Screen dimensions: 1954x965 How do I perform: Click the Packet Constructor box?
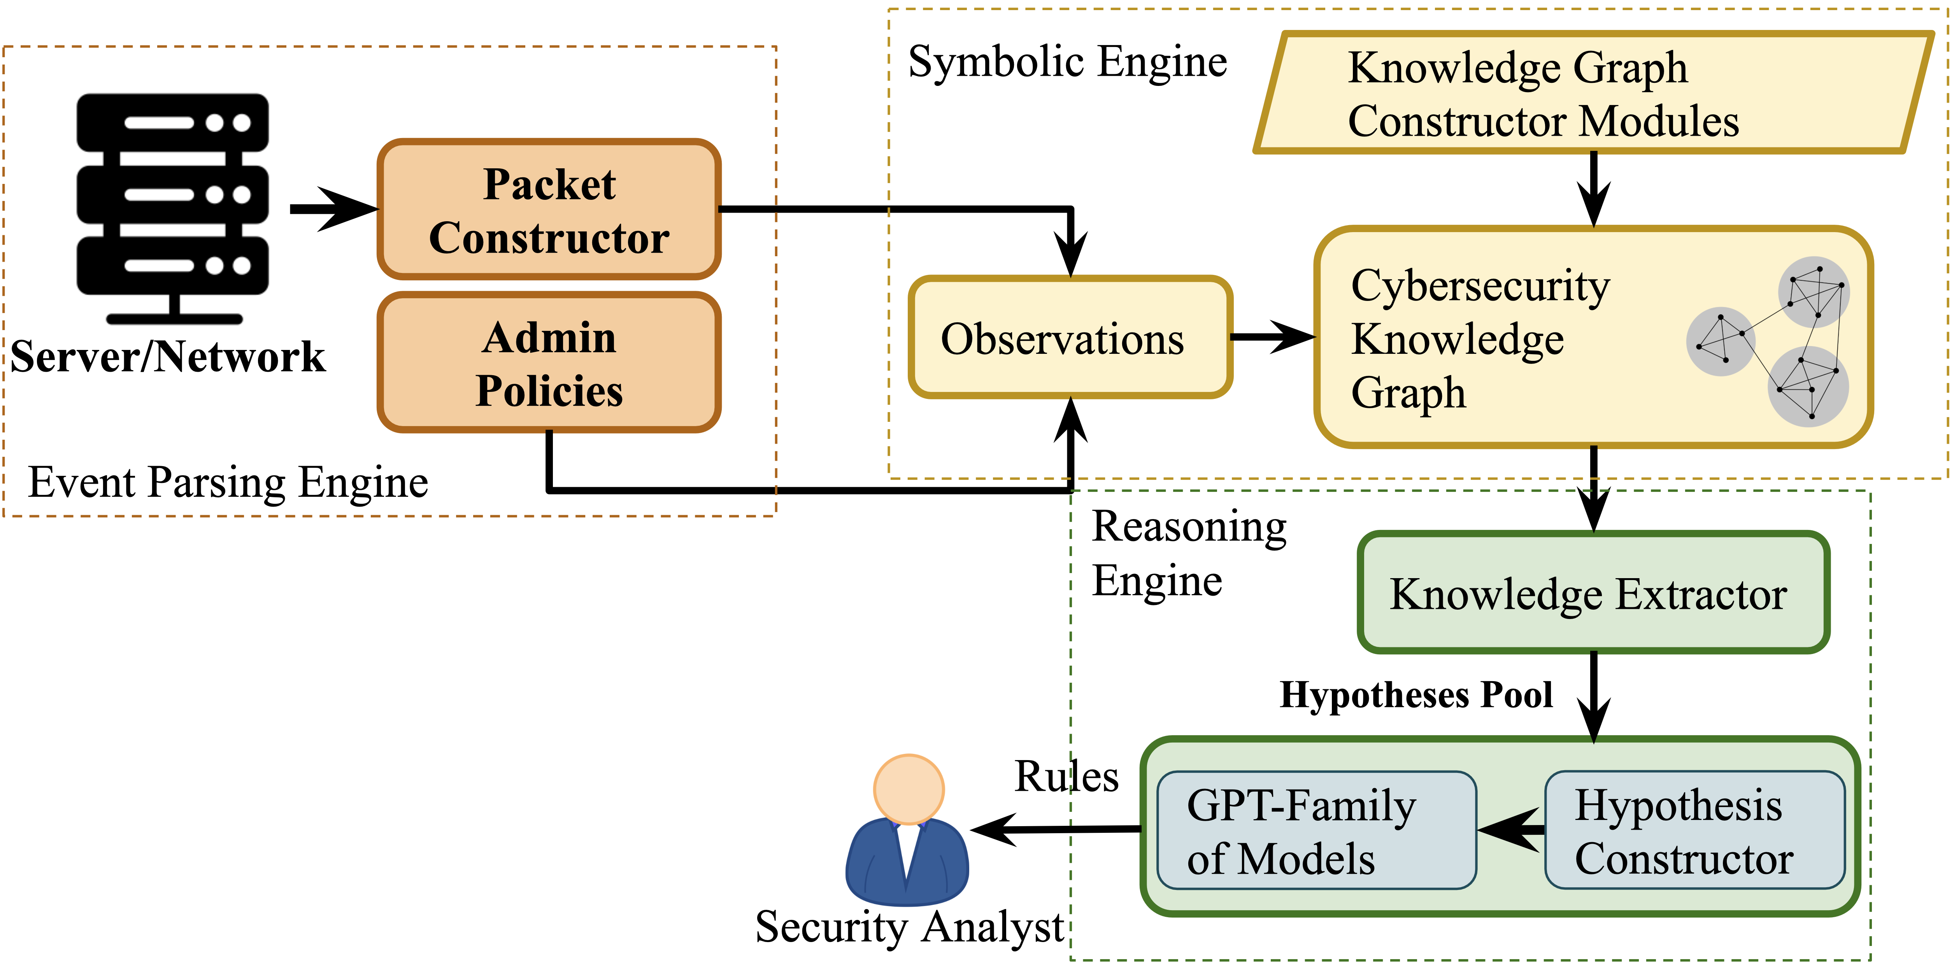[x=549, y=209]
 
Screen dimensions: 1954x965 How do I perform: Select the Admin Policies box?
[x=549, y=362]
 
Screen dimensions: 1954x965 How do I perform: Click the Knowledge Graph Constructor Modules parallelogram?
[x=1593, y=93]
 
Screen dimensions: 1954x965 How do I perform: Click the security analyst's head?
[x=909, y=788]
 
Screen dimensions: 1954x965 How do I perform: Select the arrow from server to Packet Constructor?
[x=334, y=209]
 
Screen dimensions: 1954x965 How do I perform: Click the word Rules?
[x=1066, y=777]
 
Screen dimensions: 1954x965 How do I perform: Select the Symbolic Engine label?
[x=1067, y=62]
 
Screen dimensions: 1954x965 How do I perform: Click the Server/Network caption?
[x=168, y=356]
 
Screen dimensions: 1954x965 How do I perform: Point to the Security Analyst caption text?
[x=909, y=927]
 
